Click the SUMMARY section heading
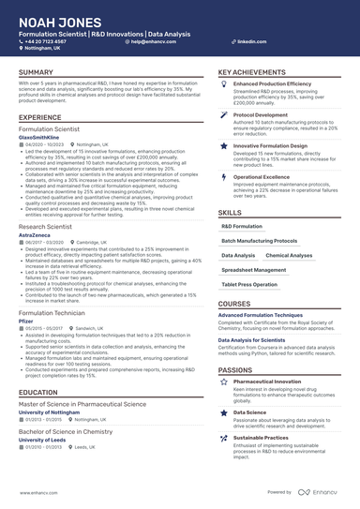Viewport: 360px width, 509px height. pos(36,72)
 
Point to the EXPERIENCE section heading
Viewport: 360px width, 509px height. pos(39,116)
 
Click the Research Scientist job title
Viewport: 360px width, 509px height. pos(47,226)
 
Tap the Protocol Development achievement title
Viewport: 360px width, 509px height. pos(262,114)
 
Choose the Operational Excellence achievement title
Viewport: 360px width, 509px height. pos(262,176)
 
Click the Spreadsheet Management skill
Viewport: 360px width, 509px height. pos(254,270)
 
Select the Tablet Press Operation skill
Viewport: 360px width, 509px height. pos(248,284)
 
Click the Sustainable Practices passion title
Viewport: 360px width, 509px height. pos(261,437)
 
